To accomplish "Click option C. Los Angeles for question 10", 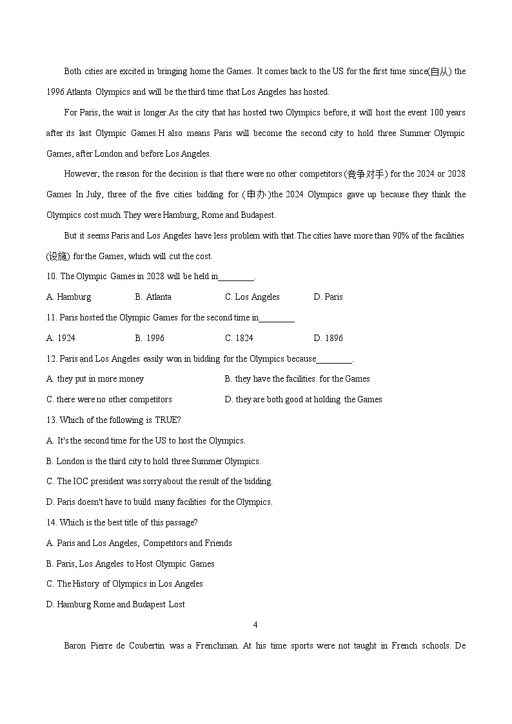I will [x=252, y=297].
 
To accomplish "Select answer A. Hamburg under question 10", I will [x=69, y=297].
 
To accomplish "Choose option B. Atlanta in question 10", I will [x=153, y=297].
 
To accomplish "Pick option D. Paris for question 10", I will [x=328, y=297].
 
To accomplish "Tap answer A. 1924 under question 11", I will [x=61, y=338].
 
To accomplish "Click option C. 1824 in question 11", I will [x=239, y=338].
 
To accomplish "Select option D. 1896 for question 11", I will [x=328, y=338].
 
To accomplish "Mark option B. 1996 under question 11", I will [x=150, y=338].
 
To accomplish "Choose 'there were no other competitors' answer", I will [x=109, y=400].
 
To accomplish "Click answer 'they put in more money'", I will [x=95, y=379].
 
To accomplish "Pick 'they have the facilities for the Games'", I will [x=297, y=379].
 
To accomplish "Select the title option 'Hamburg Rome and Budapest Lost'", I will [x=115, y=605].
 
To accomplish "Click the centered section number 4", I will [x=256, y=625].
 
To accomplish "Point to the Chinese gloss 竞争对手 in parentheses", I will [x=366, y=174].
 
